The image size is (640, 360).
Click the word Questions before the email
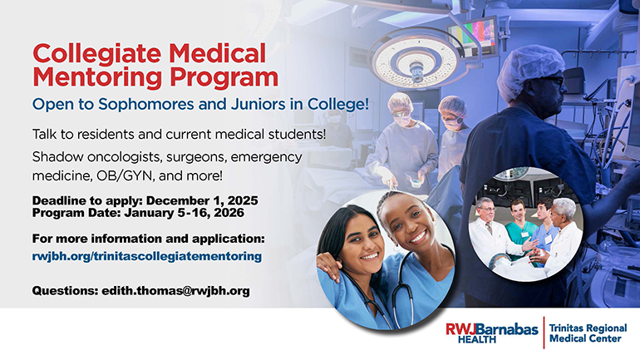point(64,291)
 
